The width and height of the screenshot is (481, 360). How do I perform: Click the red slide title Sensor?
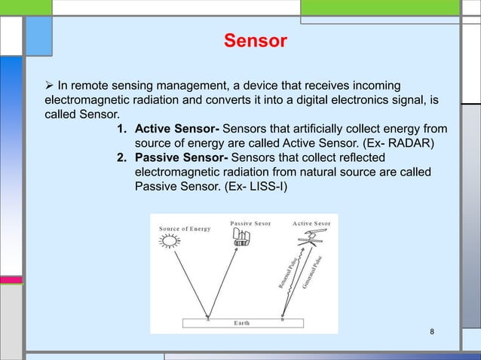pos(255,41)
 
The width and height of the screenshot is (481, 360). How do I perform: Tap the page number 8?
pos(432,332)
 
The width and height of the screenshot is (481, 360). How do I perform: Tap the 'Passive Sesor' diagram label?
pos(251,223)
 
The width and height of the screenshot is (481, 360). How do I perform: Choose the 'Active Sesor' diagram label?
pos(311,223)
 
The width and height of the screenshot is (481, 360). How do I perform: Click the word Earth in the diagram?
pos(243,322)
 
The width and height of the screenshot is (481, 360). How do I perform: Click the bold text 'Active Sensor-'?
pos(177,130)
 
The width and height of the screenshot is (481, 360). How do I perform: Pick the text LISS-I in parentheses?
pos(272,185)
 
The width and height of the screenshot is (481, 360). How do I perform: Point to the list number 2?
pos(120,157)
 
